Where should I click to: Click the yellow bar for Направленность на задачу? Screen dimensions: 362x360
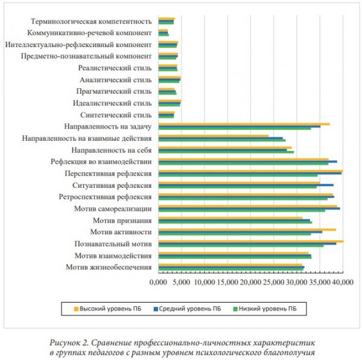coord(244,124)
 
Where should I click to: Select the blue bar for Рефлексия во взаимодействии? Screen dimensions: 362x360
coord(248,161)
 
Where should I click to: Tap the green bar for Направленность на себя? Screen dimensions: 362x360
coord(226,152)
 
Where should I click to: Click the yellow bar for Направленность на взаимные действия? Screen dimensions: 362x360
coord(214,136)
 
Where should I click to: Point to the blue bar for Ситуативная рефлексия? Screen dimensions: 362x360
coord(246,185)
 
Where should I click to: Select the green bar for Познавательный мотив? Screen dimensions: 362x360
coord(241,246)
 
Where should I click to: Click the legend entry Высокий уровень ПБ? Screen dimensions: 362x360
coord(107,309)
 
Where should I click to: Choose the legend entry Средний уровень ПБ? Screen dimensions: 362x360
coord(187,309)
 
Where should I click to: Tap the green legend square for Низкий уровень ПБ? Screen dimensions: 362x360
coord(235,309)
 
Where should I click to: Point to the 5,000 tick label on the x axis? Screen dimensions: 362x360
coord(182,282)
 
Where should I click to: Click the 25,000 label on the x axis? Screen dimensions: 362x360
coord(273,282)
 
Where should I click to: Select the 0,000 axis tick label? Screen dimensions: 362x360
coord(158,282)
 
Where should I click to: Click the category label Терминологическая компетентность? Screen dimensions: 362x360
coord(91,22)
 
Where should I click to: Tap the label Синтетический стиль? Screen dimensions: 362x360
coord(116,115)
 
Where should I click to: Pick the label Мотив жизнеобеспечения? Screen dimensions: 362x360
coord(109,267)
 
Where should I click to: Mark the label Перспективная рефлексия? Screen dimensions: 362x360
coord(108,173)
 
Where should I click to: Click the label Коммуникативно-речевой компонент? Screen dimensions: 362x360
coord(89,33)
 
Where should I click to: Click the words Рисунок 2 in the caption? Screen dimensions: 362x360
coord(69,343)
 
